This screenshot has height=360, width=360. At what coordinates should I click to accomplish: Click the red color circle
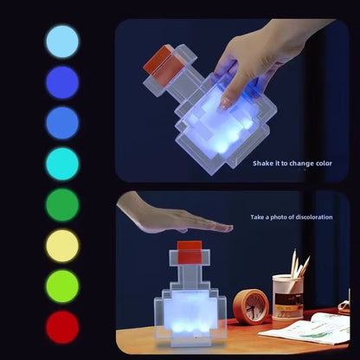[62, 327]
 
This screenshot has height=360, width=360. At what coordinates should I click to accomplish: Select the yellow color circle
[62, 246]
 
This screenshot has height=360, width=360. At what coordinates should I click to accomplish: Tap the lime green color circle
[62, 286]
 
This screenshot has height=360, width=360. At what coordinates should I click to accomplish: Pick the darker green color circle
[62, 205]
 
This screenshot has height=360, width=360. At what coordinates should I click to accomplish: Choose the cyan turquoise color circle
[62, 164]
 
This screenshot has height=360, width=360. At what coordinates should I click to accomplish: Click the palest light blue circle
[62, 41]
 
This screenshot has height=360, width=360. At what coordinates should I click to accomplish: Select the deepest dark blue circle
[62, 82]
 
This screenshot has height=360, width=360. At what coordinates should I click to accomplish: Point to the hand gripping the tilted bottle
[251, 61]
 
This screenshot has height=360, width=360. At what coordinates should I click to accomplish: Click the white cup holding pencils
[287, 297]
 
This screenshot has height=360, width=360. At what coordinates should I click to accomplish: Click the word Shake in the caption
[263, 163]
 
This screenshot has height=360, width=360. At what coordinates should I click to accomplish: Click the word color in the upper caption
[323, 163]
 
